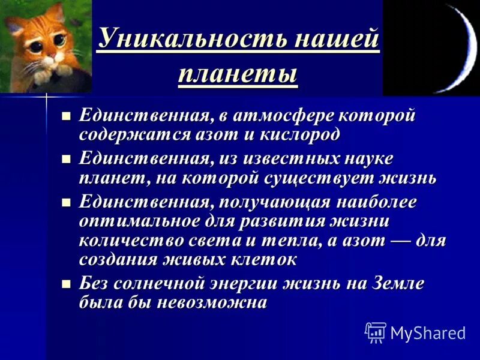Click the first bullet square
point(67,115)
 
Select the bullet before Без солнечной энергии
point(67,283)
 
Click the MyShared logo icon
point(376,332)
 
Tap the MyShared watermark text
point(428,333)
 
